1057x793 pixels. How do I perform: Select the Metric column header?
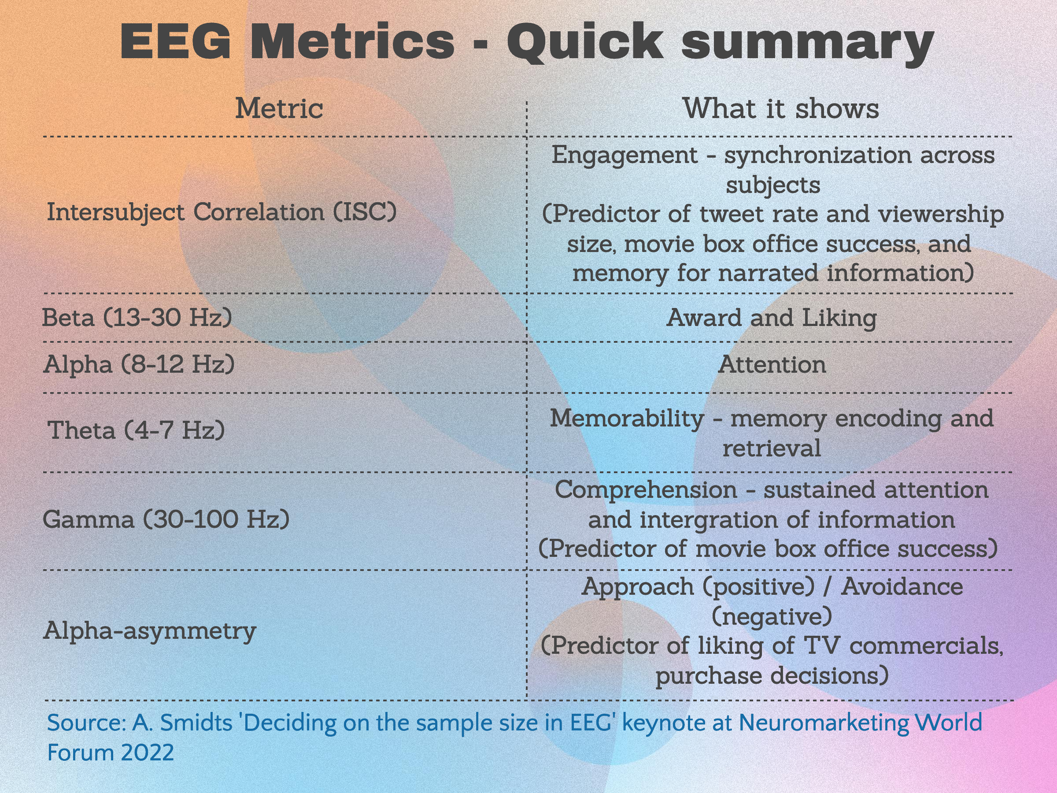tap(279, 108)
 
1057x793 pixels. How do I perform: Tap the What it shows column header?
tap(781, 108)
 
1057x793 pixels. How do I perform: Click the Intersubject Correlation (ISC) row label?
tap(222, 212)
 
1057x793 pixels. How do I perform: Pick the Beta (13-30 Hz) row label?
tap(137, 317)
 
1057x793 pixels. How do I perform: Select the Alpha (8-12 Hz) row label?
tap(139, 364)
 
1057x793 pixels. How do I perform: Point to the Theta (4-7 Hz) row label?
tap(136, 430)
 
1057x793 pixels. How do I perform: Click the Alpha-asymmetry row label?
tap(150, 631)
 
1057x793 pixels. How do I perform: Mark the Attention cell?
tap(772, 364)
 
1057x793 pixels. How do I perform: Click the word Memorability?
tap(627, 419)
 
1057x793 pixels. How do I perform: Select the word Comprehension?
tap(646, 490)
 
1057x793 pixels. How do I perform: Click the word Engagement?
tap(625, 156)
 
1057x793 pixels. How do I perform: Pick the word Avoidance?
tap(902, 587)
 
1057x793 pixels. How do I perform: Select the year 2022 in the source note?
tap(147, 753)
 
